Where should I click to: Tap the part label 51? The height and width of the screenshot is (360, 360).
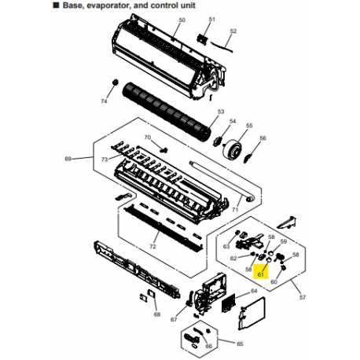(x=211, y=18)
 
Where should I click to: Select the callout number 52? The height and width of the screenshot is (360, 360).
(x=233, y=32)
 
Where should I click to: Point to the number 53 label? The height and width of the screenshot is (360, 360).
(x=221, y=112)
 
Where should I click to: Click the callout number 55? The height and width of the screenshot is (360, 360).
(x=249, y=126)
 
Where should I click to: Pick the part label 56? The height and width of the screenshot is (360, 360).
(x=263, y=139)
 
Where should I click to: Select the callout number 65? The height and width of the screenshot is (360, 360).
(x=241, y=343)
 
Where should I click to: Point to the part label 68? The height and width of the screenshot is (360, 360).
(x=156, y=315)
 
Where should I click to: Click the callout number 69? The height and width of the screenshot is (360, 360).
(x=65, y=160)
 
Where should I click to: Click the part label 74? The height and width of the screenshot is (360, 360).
(x=103, y=102)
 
